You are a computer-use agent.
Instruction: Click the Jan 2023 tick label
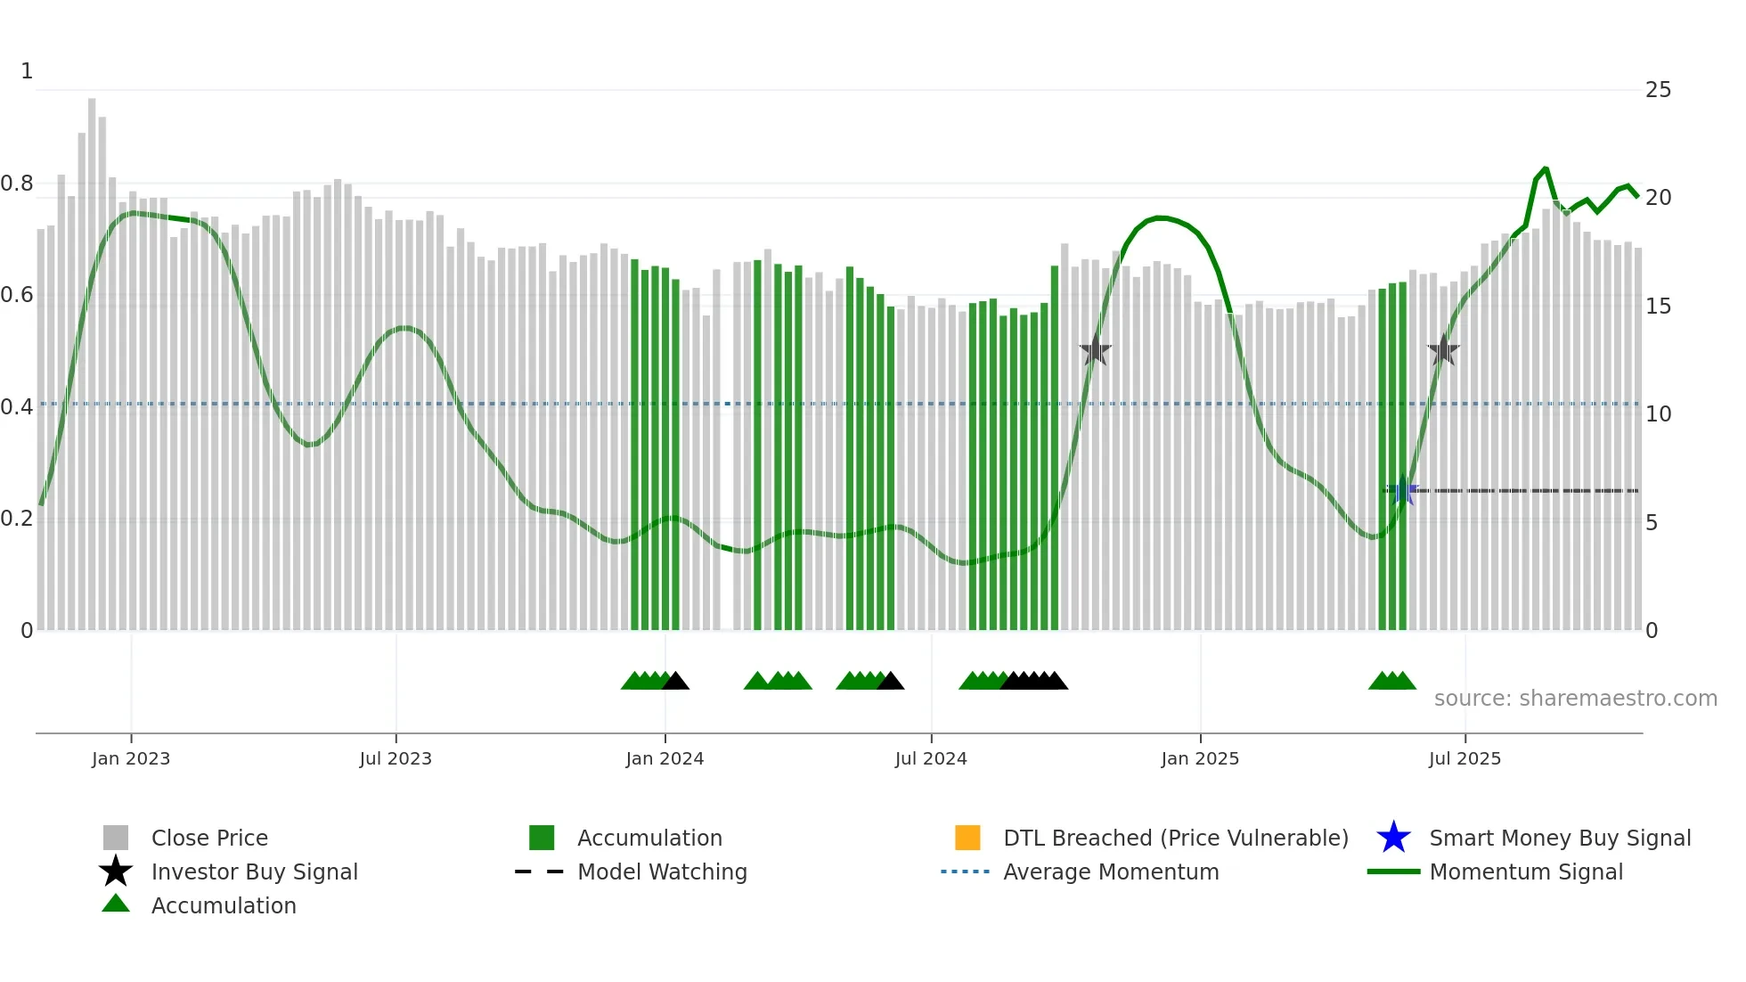point(131,758)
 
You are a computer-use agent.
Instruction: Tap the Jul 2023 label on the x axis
point(396,758)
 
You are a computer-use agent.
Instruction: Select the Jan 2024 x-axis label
point(665,758)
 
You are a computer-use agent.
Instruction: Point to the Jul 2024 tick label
point(931,758)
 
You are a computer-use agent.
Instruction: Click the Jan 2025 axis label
point(1200,758)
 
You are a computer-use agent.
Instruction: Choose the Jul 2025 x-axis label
point(1465,758)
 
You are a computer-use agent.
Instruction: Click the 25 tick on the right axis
point(1658,90)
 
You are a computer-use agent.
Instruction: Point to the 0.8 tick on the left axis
point(17,184)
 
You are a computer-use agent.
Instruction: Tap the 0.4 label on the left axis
point(17,407)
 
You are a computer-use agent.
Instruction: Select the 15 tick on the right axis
point(1658,307)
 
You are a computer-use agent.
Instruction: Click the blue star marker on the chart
point(1403,490)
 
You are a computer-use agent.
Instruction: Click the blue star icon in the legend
point(1393,838)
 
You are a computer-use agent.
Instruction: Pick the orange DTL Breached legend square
point(967,838)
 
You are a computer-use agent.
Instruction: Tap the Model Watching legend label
point(662,872)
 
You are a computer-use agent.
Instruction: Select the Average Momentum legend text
point(1111,872)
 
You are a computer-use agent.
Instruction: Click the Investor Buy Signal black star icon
point(116,872)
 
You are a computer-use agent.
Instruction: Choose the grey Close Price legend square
point(116,838)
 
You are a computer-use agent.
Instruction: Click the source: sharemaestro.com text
point(1575,699)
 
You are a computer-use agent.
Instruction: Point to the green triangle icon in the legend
point(116,904)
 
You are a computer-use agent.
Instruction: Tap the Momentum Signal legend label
point(1526,872)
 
